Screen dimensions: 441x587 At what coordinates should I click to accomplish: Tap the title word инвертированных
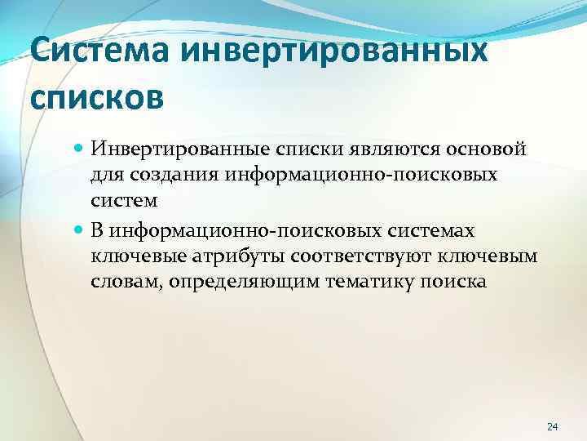pos(334,55)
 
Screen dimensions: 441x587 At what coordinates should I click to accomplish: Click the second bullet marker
pos(77,231)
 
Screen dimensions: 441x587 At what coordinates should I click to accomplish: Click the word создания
pos(167,175)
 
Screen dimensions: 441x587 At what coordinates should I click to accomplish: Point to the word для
pos(106,175)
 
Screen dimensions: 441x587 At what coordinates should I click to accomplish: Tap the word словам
pos(121,281)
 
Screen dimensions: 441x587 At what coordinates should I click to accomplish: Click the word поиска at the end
pos(457,281)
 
